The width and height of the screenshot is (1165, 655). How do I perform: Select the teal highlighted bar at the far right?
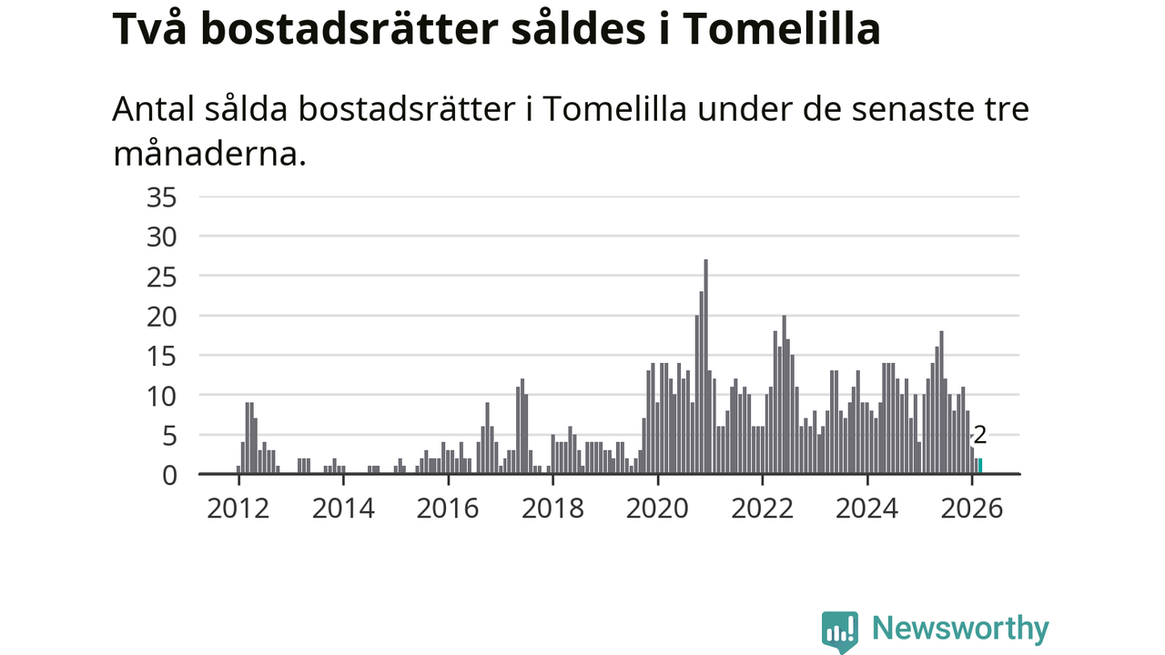pos(979,466)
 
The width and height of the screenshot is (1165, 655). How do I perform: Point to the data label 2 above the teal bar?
pos(980,436)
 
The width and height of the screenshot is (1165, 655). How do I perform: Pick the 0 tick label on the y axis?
pos(169,475)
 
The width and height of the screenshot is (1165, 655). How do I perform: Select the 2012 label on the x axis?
pos(238,508)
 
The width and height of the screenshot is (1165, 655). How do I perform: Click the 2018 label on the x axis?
pos(552,508)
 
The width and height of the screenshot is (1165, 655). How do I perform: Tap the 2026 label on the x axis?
pos(972,508)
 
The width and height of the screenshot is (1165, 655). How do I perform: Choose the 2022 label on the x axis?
pos(763,508)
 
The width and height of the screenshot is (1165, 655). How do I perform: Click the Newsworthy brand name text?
pos(960,629)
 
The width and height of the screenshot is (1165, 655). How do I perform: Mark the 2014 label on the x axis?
pos(343,508)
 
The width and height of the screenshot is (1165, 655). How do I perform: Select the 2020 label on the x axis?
pos(657,508)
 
